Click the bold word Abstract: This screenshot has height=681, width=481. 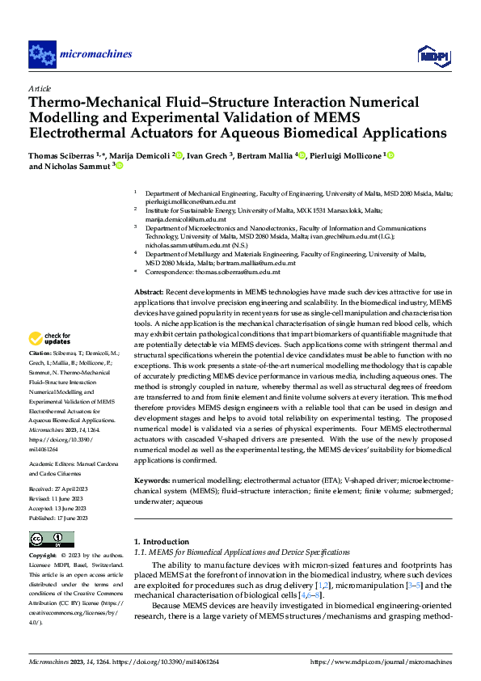pyautogui.click(x=150, y=290)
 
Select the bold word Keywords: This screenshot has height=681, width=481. pyautogui.click(x=152, y=480)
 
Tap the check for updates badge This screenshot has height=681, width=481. pyautogui.click(x=50, y=339)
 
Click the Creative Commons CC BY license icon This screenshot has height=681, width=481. pyautogui.click(x=51, y=539)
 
